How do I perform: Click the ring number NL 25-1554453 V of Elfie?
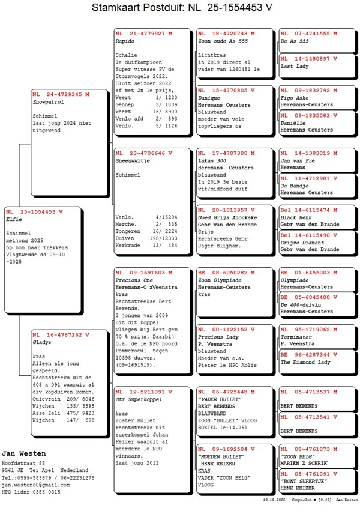pos(35,211)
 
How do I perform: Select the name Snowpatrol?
pos(47,102)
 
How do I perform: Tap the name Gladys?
pos(42,342)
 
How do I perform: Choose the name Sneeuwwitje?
pos(132,161)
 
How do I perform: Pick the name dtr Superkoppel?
pos(138,399)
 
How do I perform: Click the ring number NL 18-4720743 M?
pos(226,34)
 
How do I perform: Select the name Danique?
pos(209,98)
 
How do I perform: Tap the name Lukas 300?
pos(212,161)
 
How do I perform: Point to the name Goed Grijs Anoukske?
pos(226,217)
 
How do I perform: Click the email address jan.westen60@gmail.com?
pos(35,484)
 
